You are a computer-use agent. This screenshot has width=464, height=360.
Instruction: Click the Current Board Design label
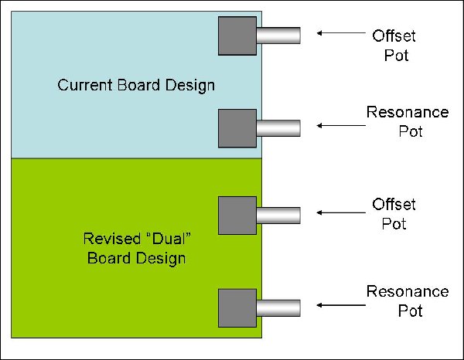pyautogui.click(x=136, y=84)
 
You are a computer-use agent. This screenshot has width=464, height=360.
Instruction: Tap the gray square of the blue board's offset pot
pyautogui.click(x=237, y=36)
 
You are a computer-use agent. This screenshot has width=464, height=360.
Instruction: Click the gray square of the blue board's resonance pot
pyautogui.click(x=237, y=128)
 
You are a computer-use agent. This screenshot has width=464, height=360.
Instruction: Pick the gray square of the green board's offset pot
pyautogui.click(x=237, y=216)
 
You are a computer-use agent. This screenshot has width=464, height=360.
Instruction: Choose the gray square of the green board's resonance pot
pyautogui.click(x=237, y=307)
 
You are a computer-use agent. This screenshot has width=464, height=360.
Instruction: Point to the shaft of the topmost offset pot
pyautogui.click(x=278, y=36)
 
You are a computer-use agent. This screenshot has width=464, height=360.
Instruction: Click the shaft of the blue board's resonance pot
pyautogui.click(x=278, y=127)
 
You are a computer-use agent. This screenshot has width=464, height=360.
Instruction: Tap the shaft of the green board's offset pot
pyautogui.click(x=278, y=215)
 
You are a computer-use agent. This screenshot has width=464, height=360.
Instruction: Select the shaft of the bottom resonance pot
pyautogui.click(x=278, y=307)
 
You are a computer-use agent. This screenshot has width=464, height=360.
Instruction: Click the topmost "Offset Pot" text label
pyautogui.click(x=394, y=46)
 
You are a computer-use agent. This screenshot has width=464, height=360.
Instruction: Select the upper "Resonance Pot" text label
pyautogui.click(x=408, y=121)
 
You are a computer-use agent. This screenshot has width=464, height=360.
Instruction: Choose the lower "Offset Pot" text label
pyautogui.click(x=394, y=214)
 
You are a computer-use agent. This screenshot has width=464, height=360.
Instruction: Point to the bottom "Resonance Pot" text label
pyautogui.click(x=408, y=301)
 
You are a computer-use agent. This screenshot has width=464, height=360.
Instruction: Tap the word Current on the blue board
pyautogui.click(x=81, y=84)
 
